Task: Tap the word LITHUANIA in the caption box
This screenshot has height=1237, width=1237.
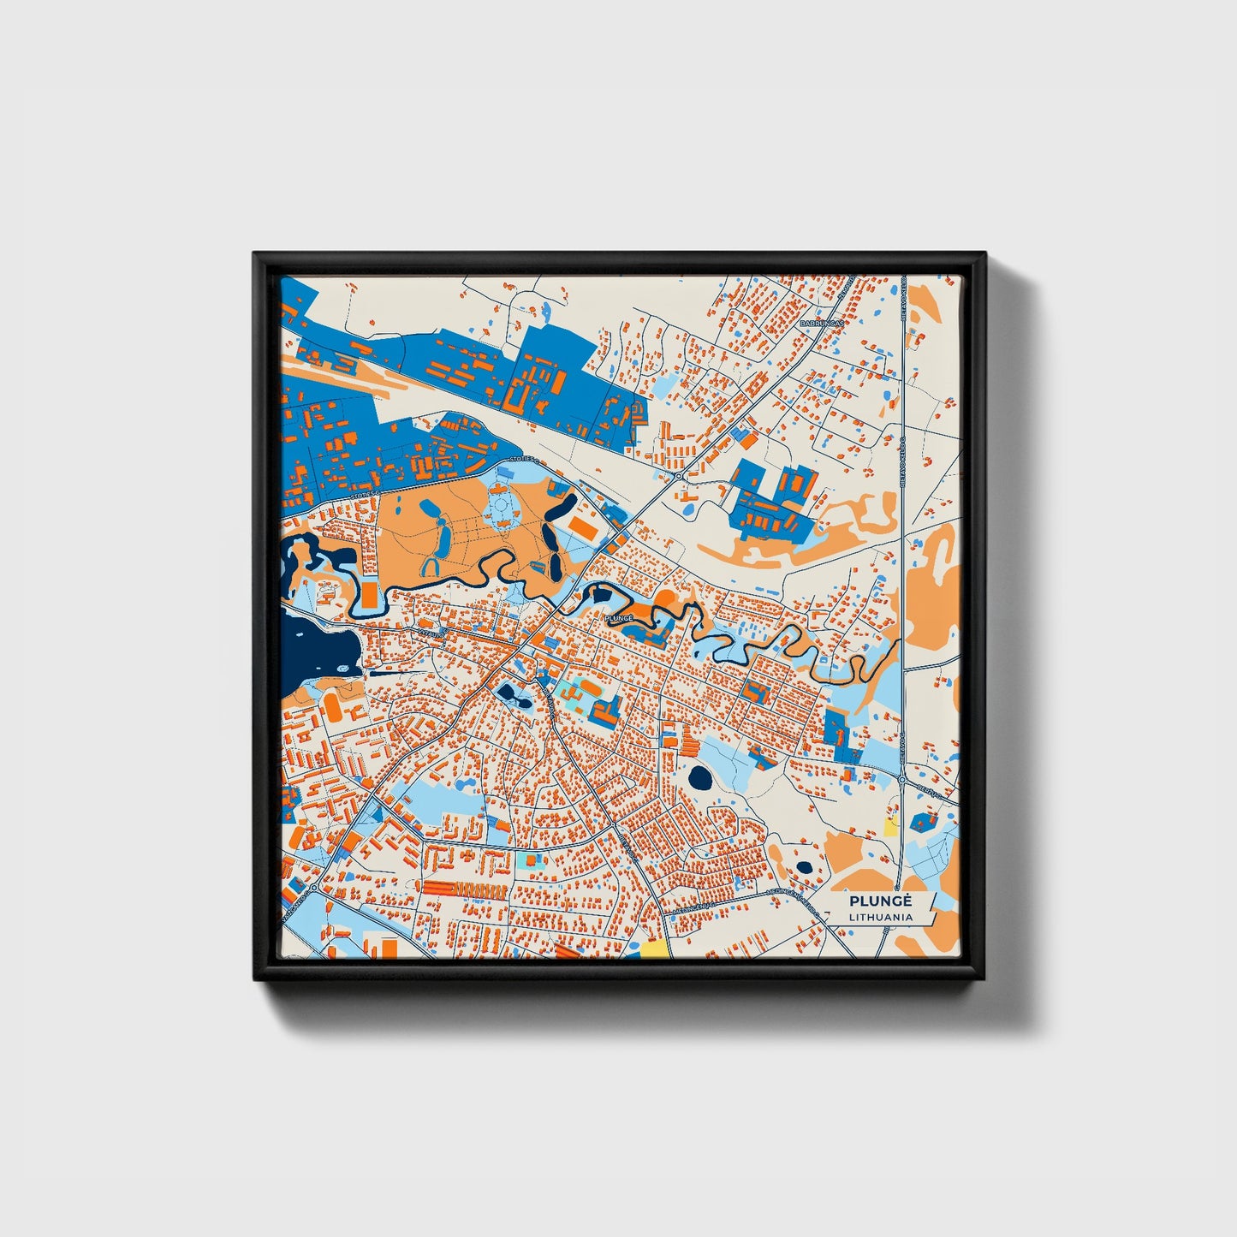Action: pyautogui.click(x=880, y=917)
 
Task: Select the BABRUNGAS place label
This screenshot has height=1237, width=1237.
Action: pyautogui.click(x=821, y=324)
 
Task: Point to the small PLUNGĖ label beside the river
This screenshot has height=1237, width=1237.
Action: pyautogui.click(x=618, y=616)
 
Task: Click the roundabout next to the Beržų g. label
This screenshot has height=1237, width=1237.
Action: pyautogui.click(x=902, y=779)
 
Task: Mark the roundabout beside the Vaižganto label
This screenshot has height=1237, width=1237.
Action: pyautogui.click(x=314, y=889)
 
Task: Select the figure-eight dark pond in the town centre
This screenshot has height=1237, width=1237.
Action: pyautogui.click(x=512, y=695)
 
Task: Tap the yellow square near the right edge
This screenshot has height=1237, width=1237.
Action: pyautogui.click(x=890, y=826)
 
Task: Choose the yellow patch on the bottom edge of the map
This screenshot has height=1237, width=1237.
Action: pyautogui.click(x=654, y=949)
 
